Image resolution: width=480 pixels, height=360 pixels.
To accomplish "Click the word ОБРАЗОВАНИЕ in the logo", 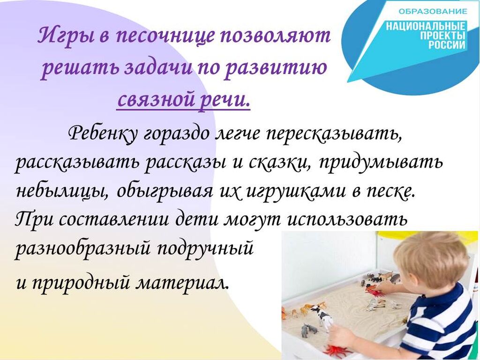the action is [433, 12].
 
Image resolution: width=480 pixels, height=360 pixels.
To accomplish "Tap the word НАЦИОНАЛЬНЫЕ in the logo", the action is [426, 26].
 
